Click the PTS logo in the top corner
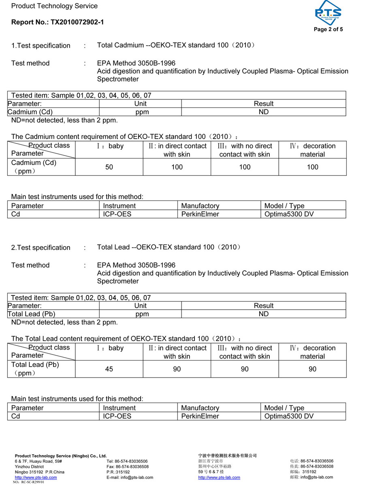tap(328, 13)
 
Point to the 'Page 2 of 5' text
tap(328, 29)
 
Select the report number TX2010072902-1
tap(77, 22)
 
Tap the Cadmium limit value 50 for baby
tap(109, 167)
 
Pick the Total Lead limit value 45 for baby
tap(109, 369)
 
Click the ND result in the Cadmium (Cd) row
tap(264, 112)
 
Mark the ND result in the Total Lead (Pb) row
tap(264, 314)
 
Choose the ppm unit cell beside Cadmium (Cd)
tap(142, 112)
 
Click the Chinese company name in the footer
tap(227, 455)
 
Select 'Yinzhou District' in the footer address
tap(29, 466)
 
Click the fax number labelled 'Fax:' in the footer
tap(127, 466)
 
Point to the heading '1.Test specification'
tap(41, 46)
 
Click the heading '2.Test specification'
tap(41, 248)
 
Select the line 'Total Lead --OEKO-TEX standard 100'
tap(169, 247)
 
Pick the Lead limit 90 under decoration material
tap(312, 369)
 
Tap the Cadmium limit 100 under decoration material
tap(312, 167)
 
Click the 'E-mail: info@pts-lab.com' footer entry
tap(130, 477)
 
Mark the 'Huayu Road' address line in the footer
tap(38, 461)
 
